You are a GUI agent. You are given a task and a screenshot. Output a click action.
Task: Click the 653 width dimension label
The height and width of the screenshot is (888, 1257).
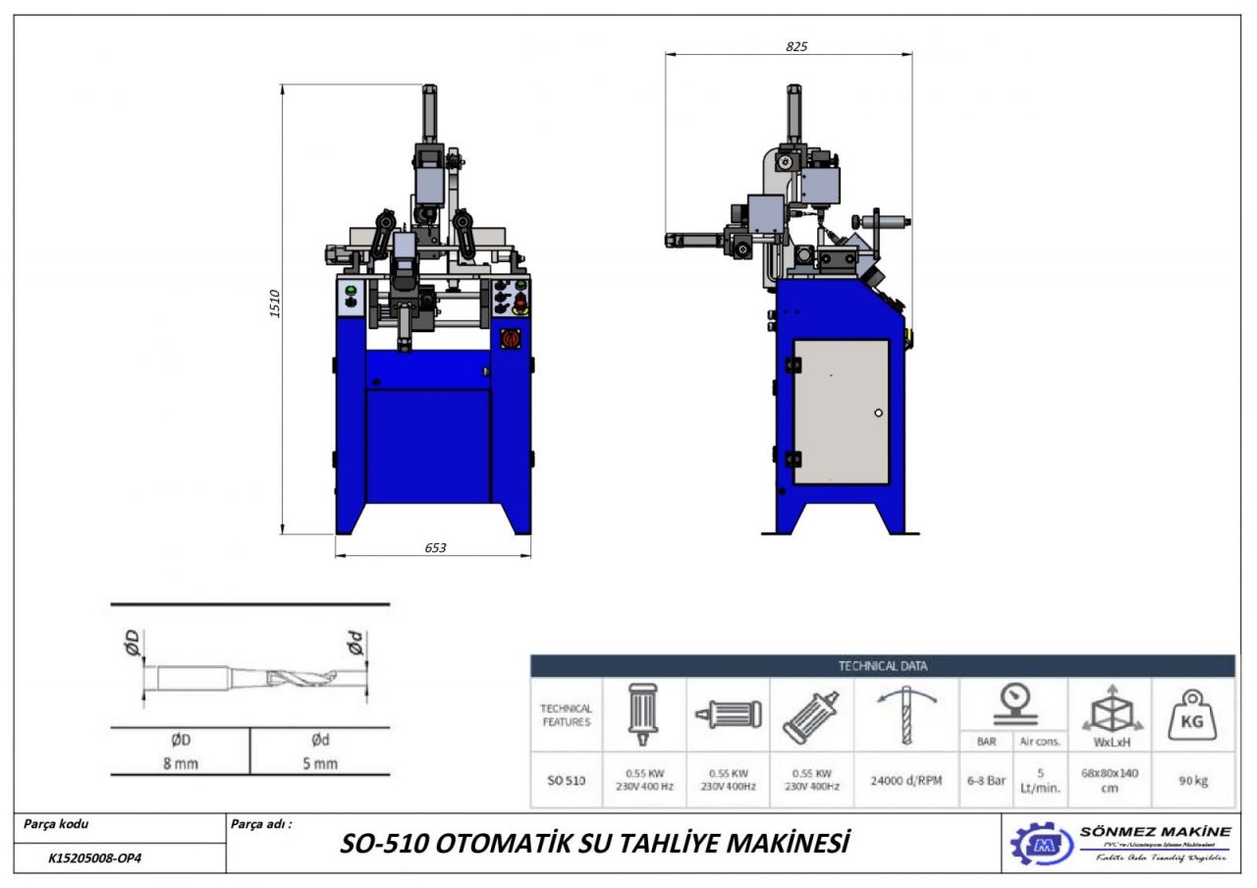click(435, 548)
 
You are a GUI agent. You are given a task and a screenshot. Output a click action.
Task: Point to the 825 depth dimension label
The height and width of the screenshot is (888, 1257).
click(796, 46)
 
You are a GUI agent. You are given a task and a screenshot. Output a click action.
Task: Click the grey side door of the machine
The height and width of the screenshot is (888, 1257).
click(841, 412)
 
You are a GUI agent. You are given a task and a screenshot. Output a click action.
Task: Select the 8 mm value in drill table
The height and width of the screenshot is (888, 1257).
click(180, 762)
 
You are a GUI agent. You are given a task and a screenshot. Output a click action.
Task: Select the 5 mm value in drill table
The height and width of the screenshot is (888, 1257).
click(320, 762)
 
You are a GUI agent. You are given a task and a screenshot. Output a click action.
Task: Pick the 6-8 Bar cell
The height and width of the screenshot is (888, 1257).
click(986, 781)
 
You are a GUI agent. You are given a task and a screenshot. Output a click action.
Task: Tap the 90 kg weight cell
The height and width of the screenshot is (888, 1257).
click(1193, 781)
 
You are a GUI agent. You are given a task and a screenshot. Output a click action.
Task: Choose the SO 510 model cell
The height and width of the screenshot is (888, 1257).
click(566, 781)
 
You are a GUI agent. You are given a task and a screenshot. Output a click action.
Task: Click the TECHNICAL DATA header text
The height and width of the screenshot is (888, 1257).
click(882, 666)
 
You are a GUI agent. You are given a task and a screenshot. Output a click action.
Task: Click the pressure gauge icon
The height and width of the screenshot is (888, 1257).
click(1018, 700)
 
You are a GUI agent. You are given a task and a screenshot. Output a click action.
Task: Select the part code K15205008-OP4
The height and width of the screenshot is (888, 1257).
click(95, 858)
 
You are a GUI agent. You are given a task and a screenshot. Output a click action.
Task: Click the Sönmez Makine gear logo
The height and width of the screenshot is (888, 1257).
click(1041, 844)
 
